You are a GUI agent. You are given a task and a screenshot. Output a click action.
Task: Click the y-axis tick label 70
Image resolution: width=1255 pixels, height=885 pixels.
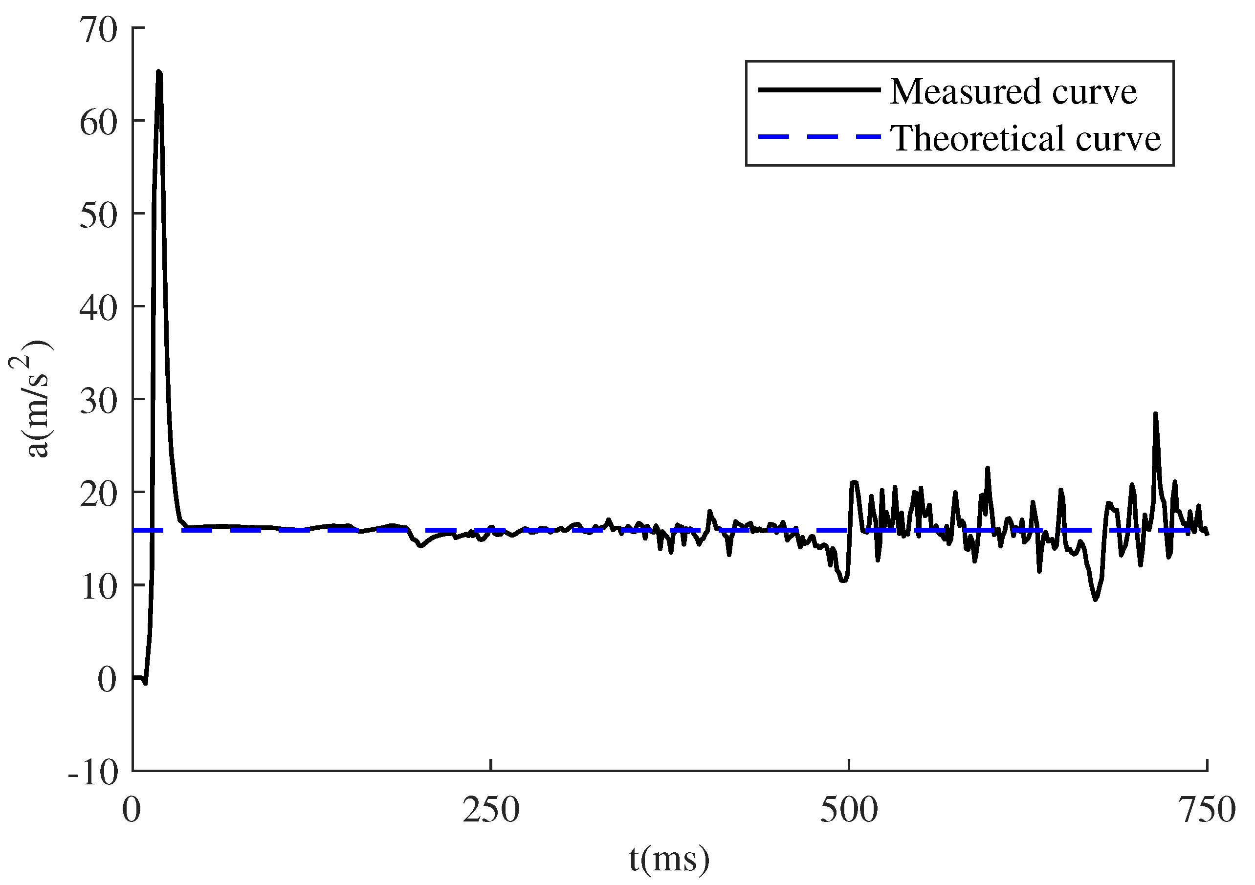click(x=98, y=29)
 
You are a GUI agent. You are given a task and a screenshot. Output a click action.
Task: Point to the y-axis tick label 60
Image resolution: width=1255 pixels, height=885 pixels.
click(x=98, y=123)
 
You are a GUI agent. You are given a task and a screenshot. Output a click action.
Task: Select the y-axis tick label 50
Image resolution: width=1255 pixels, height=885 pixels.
click(x=98, y=216)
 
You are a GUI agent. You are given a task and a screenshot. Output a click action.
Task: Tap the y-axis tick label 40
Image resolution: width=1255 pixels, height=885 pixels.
click(x=98, y=309)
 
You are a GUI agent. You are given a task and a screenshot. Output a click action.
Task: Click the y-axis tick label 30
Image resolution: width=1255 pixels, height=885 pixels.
click(x=98, y=402)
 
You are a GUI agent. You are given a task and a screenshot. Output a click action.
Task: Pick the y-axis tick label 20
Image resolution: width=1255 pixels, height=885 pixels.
click(x=98, y=495)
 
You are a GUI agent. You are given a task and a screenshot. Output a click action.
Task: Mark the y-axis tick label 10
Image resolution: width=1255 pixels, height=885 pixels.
click(x=98, y=588)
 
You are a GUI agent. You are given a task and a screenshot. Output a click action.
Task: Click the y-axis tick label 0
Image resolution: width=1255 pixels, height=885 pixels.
click(x=107, y=681)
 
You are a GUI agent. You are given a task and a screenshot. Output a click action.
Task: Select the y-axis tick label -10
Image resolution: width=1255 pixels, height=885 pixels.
click(x=93, y=774)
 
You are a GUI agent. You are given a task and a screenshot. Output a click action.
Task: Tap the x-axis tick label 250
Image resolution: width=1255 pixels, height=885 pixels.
click(x=491, y=811)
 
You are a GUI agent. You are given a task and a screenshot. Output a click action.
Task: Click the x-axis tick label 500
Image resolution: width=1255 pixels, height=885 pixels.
click(x=849, y=811)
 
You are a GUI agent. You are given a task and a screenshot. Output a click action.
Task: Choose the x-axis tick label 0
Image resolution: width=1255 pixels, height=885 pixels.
click(x=132, y=811)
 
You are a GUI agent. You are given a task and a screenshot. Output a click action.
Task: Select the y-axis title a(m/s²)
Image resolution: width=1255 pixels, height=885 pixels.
click(x=32, y=399)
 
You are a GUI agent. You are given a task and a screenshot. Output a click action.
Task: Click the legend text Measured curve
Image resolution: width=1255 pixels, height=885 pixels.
click(x=1013, y=91)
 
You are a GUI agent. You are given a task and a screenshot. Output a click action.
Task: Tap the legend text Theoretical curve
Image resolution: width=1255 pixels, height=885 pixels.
click(x=1025, y=138)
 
